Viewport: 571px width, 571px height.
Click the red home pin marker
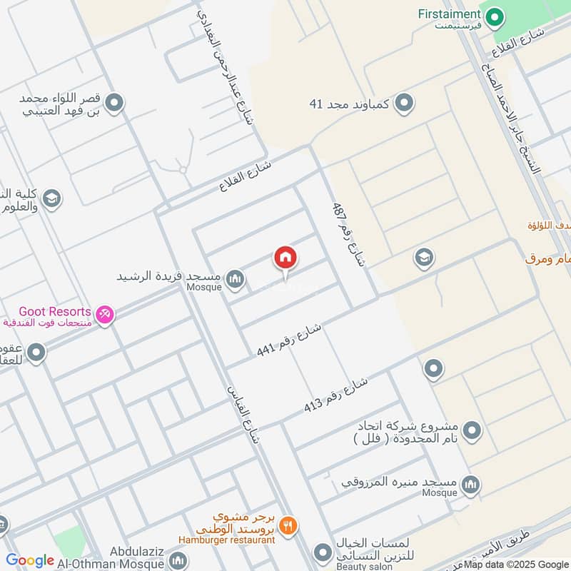coord(285,258)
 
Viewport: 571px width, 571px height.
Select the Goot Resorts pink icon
coord(104,313)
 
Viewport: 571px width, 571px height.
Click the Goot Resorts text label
coord(54,311)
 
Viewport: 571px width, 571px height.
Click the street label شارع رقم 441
coord(289,340)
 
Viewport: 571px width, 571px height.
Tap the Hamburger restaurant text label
coord(227,540)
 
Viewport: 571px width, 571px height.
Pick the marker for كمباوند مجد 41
coord(404,103)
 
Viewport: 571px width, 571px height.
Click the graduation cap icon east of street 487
coord(424,258)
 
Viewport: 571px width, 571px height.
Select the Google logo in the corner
coord(30,560)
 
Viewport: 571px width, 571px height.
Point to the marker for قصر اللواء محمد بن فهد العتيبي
coord(113,105)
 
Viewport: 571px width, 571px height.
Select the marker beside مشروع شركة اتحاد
coord(472,430)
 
